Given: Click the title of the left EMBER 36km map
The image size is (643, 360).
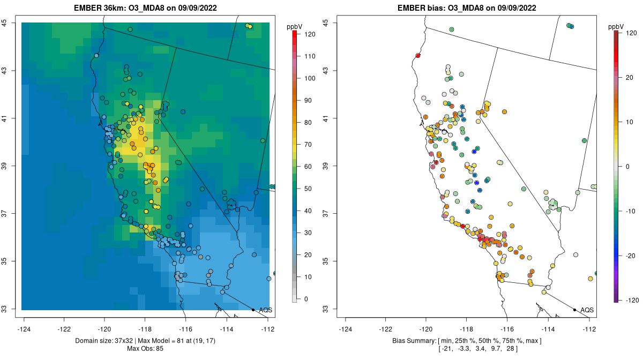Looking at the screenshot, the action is pos(145,7).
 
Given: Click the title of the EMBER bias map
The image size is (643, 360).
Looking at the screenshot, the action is pos(467,7).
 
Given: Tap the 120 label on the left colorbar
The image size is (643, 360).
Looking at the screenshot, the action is pos(310,34).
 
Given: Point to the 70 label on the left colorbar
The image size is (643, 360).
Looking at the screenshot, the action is pos(308,145).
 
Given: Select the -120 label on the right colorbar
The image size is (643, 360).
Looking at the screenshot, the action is pos(630,301).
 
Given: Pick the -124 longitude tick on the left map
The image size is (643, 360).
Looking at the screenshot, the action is pos(24,329).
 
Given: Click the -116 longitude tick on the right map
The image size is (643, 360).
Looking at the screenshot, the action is pos(507,329).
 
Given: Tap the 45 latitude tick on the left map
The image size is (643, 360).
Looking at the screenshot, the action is pos(5,22).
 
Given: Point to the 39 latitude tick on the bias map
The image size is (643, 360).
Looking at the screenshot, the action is pos(326,166).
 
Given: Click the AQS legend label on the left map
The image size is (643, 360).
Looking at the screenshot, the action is pos(266,310).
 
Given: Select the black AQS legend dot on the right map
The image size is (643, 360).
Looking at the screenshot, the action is pos(574,310).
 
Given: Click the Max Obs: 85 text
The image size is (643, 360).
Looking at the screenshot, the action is pos(145,349).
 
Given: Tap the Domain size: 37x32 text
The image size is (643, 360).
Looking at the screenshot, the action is pos(104,341).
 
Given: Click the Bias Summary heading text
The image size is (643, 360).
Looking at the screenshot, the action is pos(414,341).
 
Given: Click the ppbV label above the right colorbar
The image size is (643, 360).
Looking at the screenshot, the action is pos(616,27).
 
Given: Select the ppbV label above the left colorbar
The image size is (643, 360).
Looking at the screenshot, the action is pos(295,27).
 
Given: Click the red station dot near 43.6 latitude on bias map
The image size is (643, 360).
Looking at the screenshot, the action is pos(418,56).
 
